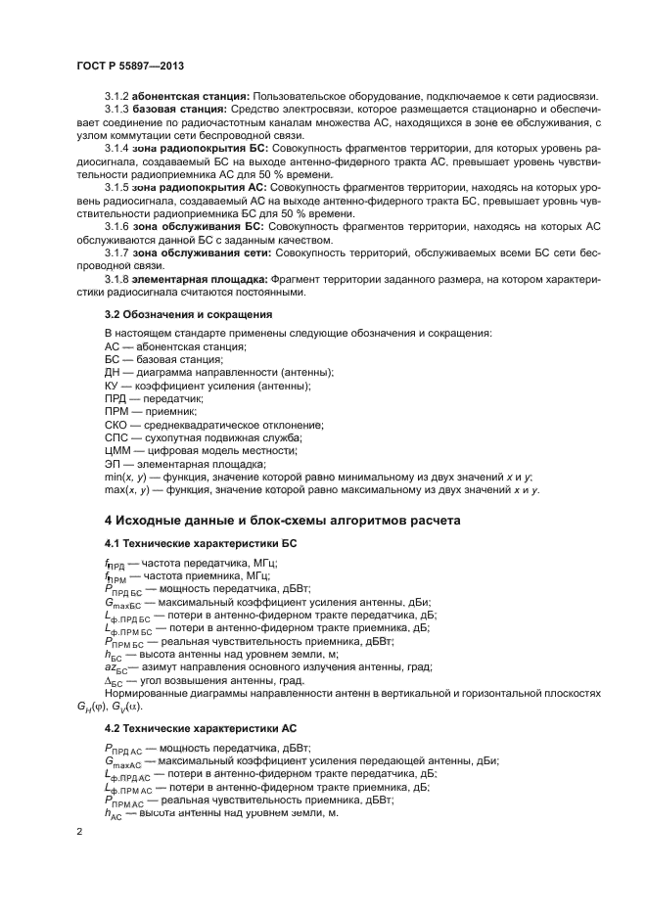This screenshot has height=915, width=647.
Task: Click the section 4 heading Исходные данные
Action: click(283, 519)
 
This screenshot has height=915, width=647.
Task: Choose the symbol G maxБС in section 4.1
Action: click(122, 602)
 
